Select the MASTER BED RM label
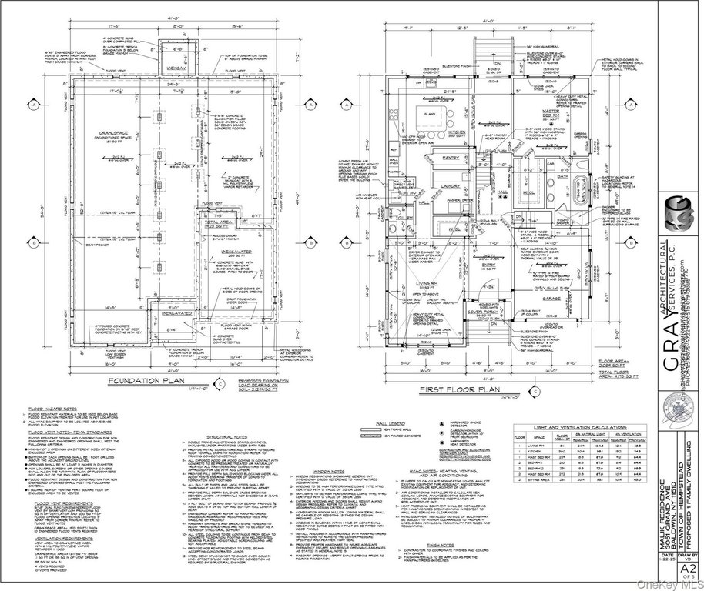click(555, 115)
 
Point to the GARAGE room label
click(550, 297)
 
